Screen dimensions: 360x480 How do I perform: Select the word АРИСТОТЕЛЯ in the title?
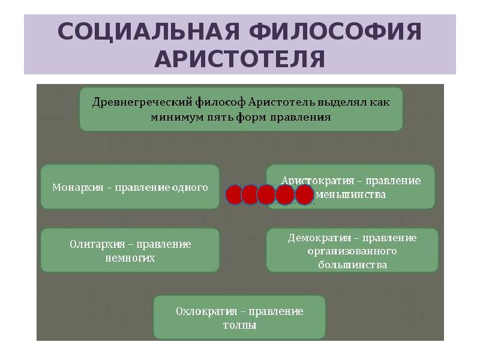point(240,59)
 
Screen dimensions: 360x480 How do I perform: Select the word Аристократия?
point(316,181)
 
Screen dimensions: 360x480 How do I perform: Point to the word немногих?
point(130,258)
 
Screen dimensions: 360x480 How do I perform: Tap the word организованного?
point(352,251)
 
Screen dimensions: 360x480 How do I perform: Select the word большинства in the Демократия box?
point(352,265)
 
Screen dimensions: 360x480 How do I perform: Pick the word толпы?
point(239,326)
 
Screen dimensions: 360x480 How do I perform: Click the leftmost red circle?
point(235,194)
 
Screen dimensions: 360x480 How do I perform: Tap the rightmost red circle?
point(305,194)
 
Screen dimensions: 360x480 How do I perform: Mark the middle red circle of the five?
point(267,194)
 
